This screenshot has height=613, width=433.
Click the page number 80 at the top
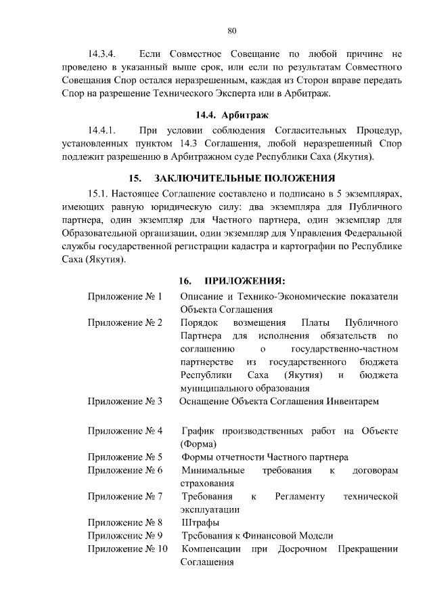coord(231,30)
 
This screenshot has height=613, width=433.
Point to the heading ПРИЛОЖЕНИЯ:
coord(245,281)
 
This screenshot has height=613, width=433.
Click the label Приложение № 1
coord(125,297)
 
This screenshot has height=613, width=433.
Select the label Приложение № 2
coord(125,322)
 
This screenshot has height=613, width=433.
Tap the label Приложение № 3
coord(125,402)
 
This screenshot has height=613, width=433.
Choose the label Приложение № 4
coord(125,431)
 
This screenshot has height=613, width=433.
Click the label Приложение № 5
coord(125,457)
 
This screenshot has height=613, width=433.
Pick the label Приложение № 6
coord(125,470)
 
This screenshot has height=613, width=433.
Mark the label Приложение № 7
coord(125,496)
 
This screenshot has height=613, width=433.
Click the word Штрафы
coord(200,522)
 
